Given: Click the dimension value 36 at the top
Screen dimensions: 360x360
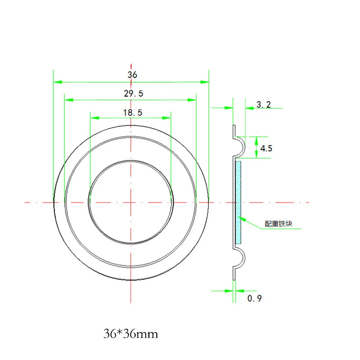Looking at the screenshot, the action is tap(132, 75).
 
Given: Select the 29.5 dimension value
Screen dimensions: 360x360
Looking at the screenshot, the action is tap(134, 94).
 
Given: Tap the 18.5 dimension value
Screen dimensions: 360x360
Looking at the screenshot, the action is tap(133, 112).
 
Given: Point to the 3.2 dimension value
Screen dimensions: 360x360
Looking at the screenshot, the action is tap(264, 104).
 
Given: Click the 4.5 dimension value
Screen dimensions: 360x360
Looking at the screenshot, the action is tap(266, 148).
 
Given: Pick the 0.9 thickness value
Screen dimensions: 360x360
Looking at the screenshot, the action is tap(255, 298).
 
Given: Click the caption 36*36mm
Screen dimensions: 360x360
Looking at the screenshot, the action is tap(131, 334).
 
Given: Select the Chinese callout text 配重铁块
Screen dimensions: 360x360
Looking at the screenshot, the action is tap(279, 224).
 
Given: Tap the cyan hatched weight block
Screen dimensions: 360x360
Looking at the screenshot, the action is tap(238, 202).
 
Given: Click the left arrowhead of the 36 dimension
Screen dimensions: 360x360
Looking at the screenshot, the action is tap(58, 82).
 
